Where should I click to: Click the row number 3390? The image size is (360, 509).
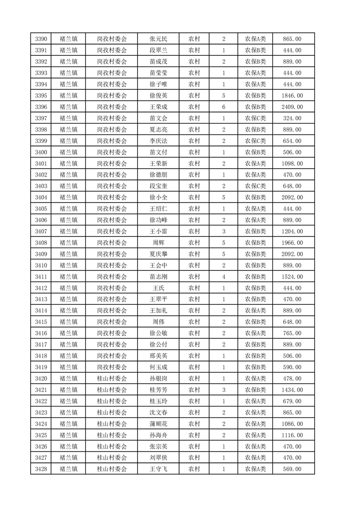click(41, 39)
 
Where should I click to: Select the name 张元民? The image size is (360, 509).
click(158, 39)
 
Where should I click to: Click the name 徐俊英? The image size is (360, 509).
click(158, 96)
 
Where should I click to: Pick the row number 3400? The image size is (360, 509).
click(41, 152)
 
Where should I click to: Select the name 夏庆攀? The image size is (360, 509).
click(158, 254)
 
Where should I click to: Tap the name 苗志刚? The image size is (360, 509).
click(158, 277)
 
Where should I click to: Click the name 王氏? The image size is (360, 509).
click(158, 288)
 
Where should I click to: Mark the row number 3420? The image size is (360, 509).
click(41, 379)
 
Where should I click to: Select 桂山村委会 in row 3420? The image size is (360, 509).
click(112, 379)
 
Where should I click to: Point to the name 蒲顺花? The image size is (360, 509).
click(158, 424)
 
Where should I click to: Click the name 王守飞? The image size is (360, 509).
click(158, 469)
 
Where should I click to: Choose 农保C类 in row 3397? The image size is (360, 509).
click(256, 118)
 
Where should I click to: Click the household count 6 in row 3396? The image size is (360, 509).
click(224, 107)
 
